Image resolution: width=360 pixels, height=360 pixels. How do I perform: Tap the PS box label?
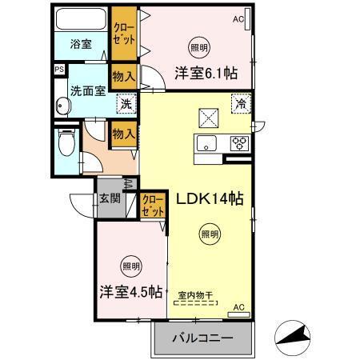(58, 70)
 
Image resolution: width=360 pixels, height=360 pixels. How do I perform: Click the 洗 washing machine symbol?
(125, 104)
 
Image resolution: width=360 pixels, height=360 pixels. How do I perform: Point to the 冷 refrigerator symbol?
(239, 103)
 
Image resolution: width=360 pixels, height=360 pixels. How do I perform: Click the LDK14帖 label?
(210, 197)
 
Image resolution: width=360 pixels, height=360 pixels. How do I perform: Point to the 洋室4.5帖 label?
(132, 292)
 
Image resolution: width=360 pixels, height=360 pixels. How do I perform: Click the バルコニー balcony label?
(203, 338)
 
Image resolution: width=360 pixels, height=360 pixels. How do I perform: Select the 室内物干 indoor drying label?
(194, 295)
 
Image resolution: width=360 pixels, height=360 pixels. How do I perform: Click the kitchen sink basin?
(207, 144)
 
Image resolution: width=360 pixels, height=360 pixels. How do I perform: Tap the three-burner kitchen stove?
(238, 144)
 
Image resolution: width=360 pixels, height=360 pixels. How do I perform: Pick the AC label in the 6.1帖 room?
(238, 18)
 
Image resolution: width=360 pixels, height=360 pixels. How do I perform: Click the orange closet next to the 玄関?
(152, 205)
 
